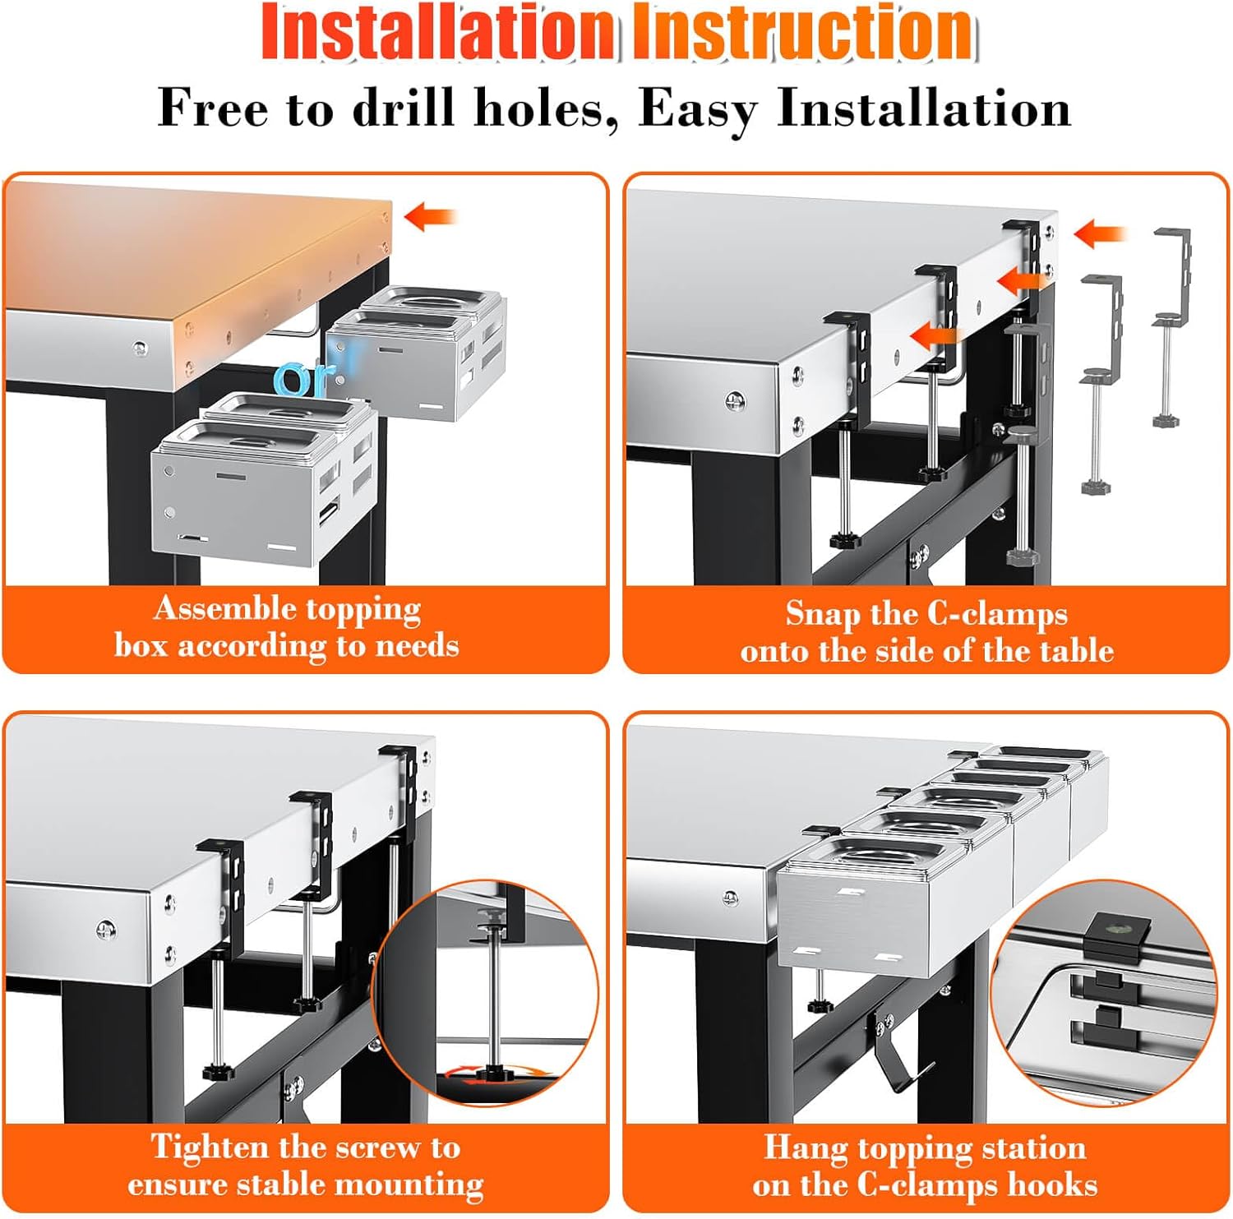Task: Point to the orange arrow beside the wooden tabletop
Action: click(x=430, y=217)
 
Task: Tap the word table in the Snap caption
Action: click(x=1076, y=651)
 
